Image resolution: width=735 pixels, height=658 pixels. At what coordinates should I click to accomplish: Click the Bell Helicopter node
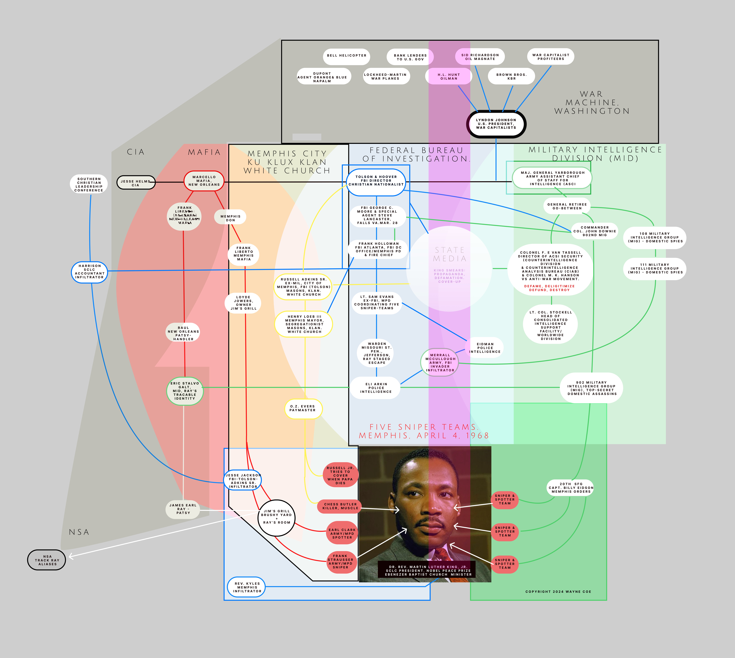[346, 56]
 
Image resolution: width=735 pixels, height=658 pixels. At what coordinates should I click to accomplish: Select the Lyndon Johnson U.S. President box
[496, 124]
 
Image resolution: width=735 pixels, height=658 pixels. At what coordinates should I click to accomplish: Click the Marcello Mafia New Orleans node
[204, 181]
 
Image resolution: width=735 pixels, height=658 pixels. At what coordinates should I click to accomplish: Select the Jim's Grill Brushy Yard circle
[277, 517]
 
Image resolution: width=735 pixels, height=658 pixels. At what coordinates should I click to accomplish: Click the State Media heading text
[449, 254]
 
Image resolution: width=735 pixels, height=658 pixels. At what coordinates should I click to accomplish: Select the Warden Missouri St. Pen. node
[377, 353]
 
